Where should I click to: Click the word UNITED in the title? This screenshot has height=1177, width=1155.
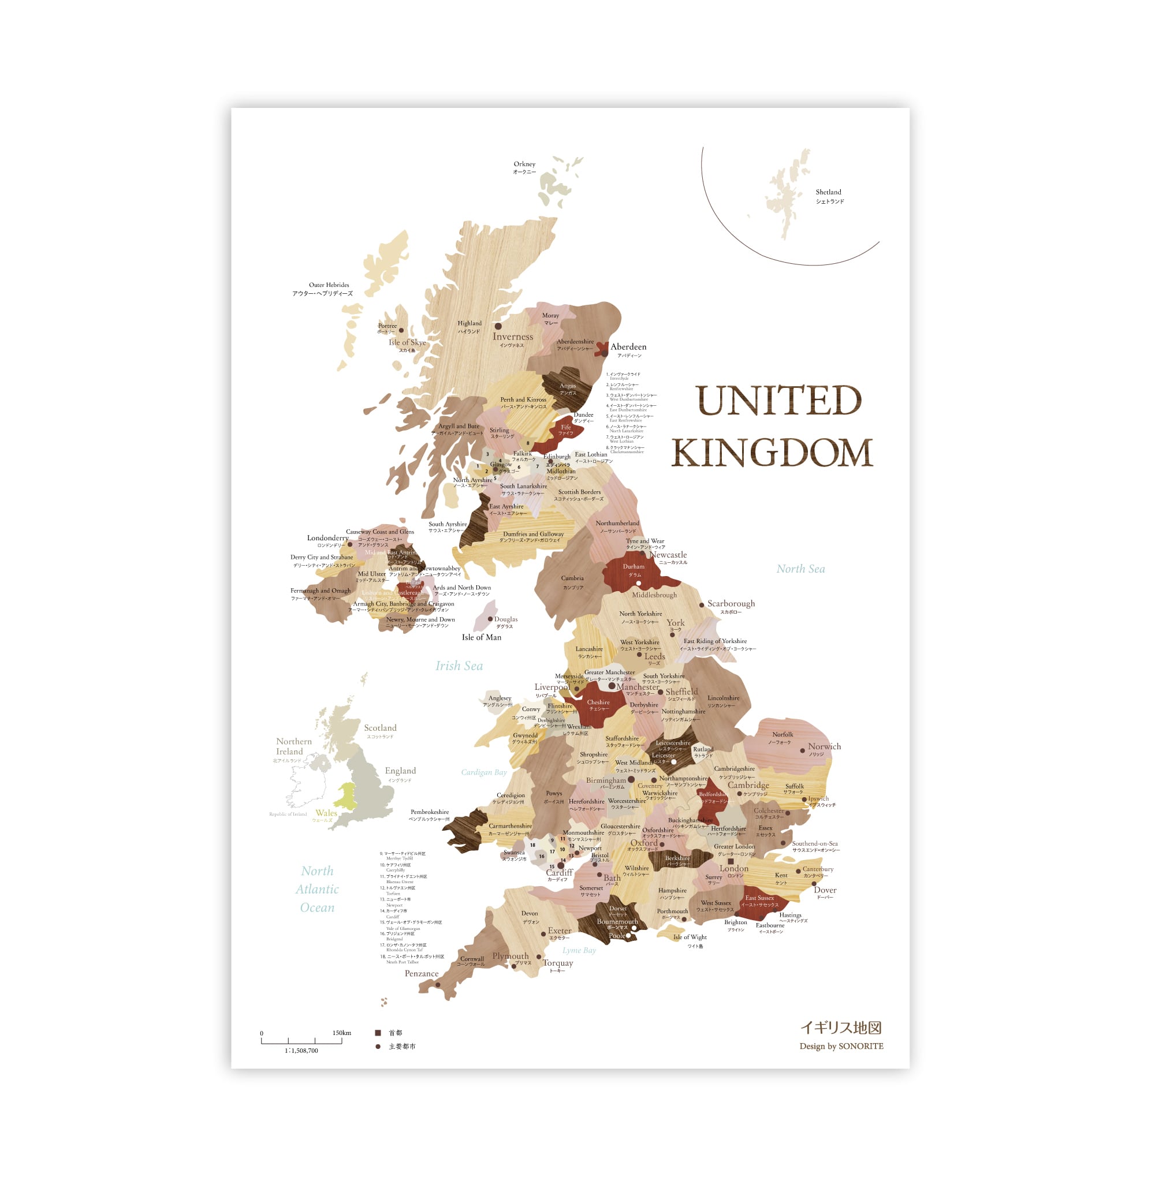(x=778, y=401)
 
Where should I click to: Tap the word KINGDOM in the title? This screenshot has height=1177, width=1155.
(x=772, y=453)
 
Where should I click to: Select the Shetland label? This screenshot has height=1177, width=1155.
(x=829, y=192)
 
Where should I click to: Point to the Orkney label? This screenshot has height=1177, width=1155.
(x=524, y=164)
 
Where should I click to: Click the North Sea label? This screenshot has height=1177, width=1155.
(x=800, y=569)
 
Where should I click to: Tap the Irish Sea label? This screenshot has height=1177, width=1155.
(x=459, y=666)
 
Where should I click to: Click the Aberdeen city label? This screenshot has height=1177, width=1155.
(x=628, y=347)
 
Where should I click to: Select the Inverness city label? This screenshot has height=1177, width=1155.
(x=513, y=337)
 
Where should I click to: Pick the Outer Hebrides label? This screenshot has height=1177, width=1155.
(x=329, y=285)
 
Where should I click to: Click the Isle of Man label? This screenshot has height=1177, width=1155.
(x=482, y=637)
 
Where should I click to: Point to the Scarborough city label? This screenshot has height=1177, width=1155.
(x=731, y=603)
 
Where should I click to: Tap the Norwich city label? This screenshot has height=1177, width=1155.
(x=824, y=746)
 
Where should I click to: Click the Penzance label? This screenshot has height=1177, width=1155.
(x=422, y=974)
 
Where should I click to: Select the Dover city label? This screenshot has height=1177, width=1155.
(x=825, y=890)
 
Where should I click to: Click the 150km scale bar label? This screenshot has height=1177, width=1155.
(x=341, y=1033)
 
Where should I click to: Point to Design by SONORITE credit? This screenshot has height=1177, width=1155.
(x=841, y=1046)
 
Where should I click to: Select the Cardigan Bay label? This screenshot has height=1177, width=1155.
(x=483, y=772)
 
